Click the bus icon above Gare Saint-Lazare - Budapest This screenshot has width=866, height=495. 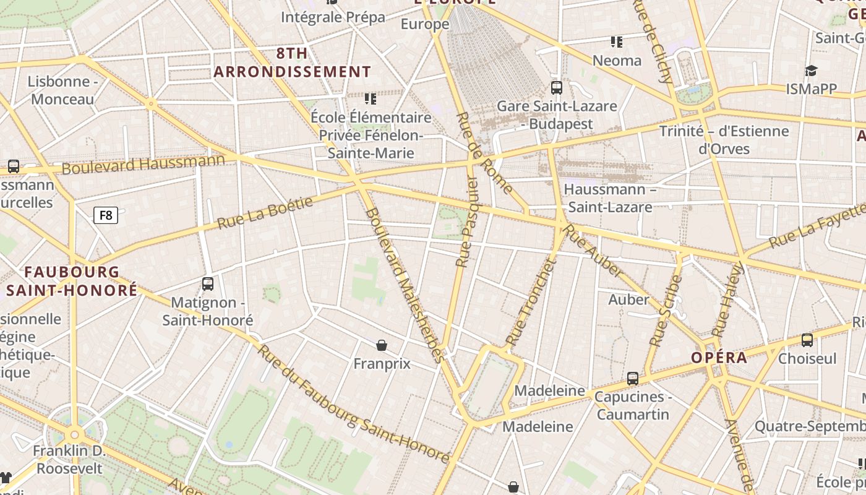click(x=557, y=88)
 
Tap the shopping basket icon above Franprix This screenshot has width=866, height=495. click(x=382, y=345)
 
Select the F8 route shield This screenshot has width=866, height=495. click(x=106, y=215)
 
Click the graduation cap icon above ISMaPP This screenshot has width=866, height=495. click(x=811, y=71)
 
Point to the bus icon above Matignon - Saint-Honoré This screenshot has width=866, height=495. click(x=208, y=284)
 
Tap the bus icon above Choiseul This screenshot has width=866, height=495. click(x=807, y=340)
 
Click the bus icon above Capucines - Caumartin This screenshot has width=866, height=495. click(x=632, y=378)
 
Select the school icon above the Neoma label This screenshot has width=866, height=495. click(x=616, y=42)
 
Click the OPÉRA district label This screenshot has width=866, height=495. click(x=719, y=358)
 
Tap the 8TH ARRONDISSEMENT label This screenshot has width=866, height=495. click(x=292, y=62)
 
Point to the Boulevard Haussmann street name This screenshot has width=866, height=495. click(x=144, y=164)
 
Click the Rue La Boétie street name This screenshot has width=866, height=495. click(x=265, y=212)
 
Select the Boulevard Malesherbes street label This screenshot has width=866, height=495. click(x=405, y=285)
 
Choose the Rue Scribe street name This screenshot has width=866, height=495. click(x=666, y=311)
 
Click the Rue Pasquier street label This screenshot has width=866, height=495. click(x=466, y=222)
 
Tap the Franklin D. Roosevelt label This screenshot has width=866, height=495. click(x=69, y=460)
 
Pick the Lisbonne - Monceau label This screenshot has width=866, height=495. click(x=63, y=90)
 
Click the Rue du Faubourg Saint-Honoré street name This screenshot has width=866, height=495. click(x=353, y=404)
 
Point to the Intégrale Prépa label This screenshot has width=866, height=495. click(x=333, y=17)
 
